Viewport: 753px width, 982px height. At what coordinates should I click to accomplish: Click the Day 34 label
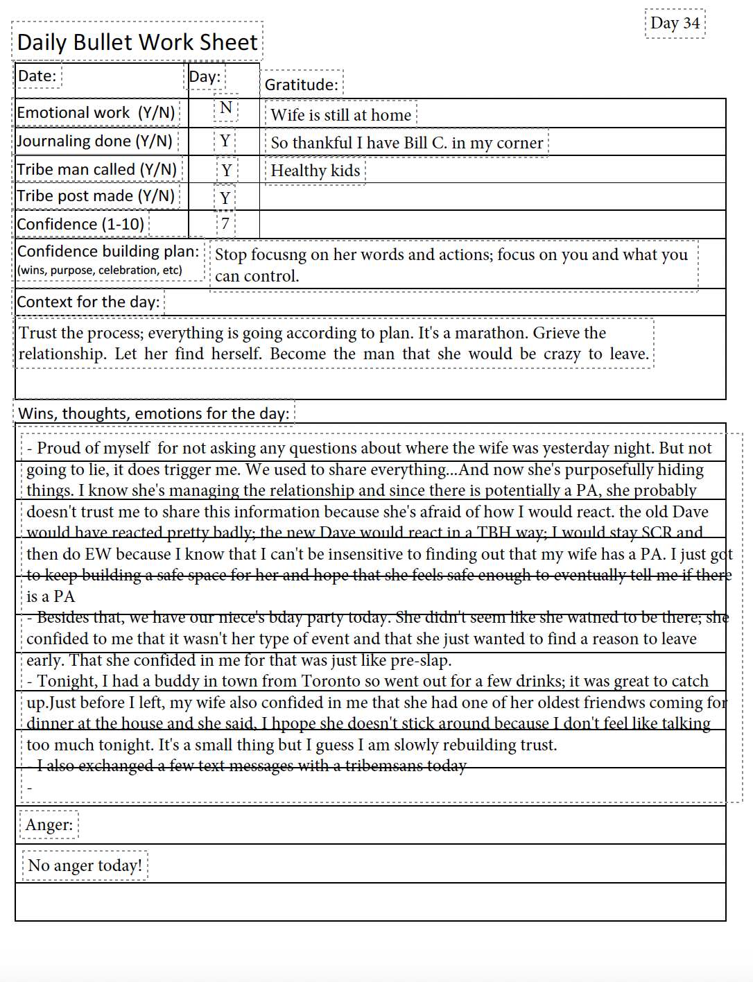pyautogui.click(x=675, y=24)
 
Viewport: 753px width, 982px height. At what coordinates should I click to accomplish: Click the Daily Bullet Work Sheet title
pyautogui.click(x=137, y=42)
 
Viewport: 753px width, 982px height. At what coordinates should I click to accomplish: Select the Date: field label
pyautogui.click(x=37, y=76)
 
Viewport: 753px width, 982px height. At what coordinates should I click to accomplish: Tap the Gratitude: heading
pyautogui.click(x=302, y=85)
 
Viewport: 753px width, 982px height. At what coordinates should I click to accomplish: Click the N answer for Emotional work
pyautogui.click(x=225, y=108)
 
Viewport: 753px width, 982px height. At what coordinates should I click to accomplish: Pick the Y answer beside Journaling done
pyautogui.click(x=225, y=141)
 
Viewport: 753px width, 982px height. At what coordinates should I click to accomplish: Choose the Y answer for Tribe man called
pyautogui.click(x=226, y=171)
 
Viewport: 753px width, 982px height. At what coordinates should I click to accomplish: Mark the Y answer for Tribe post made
pyautogui.click(x=225, y=198)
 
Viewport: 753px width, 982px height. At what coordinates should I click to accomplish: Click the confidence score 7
pyautogui.click(x=225, y=224)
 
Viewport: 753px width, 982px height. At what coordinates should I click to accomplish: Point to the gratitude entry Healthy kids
pyautogui.click(x=315, y=171)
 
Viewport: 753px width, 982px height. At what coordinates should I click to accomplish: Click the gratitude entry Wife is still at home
pyautogui.click(x=340, y=115)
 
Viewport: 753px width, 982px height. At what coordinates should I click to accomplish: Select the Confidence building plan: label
pyautogui.click(x=108, y=251)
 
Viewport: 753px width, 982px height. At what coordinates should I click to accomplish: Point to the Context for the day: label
pyautogui.click(x=88, y=302)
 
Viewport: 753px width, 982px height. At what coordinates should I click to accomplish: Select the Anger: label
pyautogui.click(x=49, y=825)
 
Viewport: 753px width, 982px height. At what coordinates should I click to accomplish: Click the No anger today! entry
pyautogui.click(x=85, y=865)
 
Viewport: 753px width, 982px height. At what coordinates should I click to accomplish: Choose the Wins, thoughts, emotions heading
pyautogui.click(x=154, y=413)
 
